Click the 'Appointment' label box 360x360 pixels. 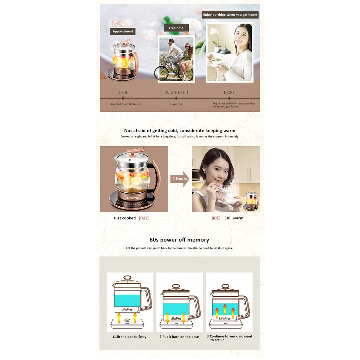(123, 31)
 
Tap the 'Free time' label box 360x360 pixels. (176, 28)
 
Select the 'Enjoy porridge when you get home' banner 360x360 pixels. (230, 15)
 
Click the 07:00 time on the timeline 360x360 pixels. (123, 92)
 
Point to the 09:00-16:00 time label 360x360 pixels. (176, 92)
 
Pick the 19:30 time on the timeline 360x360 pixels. (229, 92)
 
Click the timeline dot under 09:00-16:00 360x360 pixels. (176, 98)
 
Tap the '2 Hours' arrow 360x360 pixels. (180, 179)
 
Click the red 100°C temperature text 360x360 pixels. (144, 218)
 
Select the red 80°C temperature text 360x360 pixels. (216, 218)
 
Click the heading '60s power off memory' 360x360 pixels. (179, 240)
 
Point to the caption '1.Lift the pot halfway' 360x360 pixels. (129, 336)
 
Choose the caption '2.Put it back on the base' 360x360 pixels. (179, 336)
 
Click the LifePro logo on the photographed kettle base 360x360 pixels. (133, 198)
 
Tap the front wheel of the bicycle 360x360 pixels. (161, 73)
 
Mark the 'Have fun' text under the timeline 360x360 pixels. (176, 104)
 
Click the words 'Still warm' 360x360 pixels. (234, 218)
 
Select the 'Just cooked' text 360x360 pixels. (125, 218)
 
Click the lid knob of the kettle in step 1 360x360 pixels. (127, 278)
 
